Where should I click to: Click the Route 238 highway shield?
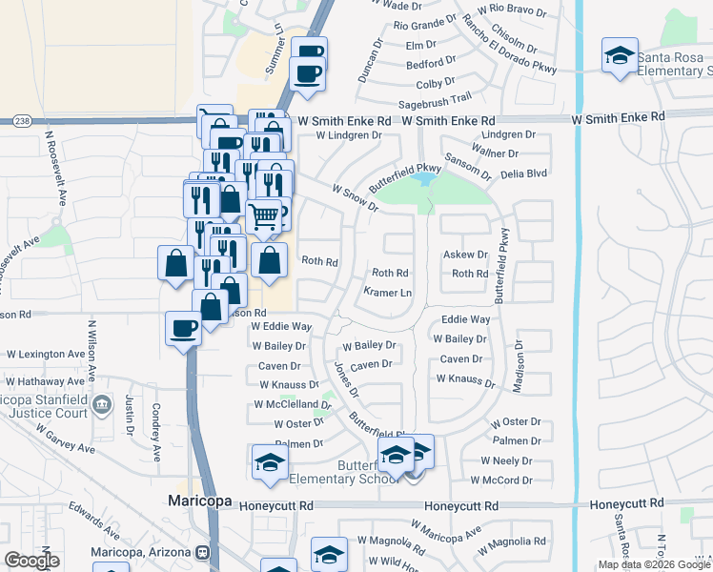[24, 121]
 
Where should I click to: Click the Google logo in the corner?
[31, 561]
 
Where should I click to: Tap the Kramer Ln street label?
[389, 292]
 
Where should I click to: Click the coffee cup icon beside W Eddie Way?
[183, 328]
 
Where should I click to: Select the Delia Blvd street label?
[523, 174]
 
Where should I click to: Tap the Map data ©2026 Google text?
[653, 564]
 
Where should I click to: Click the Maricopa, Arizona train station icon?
[203, 553]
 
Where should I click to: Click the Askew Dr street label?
[466, 255]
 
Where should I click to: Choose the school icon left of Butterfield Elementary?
[270, 463]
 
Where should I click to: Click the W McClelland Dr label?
[292, 405]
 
